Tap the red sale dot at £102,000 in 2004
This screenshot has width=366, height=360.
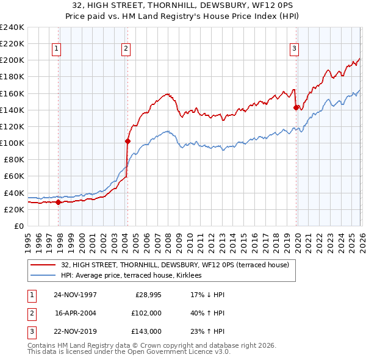(x=127, y=141)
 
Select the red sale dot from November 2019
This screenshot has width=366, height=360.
(x=296, y=107)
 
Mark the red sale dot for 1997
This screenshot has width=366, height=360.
(x=59, y=202)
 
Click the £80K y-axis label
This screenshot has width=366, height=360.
(x=13, y=160)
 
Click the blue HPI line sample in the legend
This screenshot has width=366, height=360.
(x=44, y=275)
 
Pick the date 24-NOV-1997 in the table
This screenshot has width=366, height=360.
(x=75, y=295)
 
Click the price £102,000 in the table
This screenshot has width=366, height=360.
(x=146, y=313)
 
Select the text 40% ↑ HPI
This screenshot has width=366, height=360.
(x=207, y=313)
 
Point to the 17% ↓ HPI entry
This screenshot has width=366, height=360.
(x=207, y=295)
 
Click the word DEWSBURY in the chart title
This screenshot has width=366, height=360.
(x=208, y=5)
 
